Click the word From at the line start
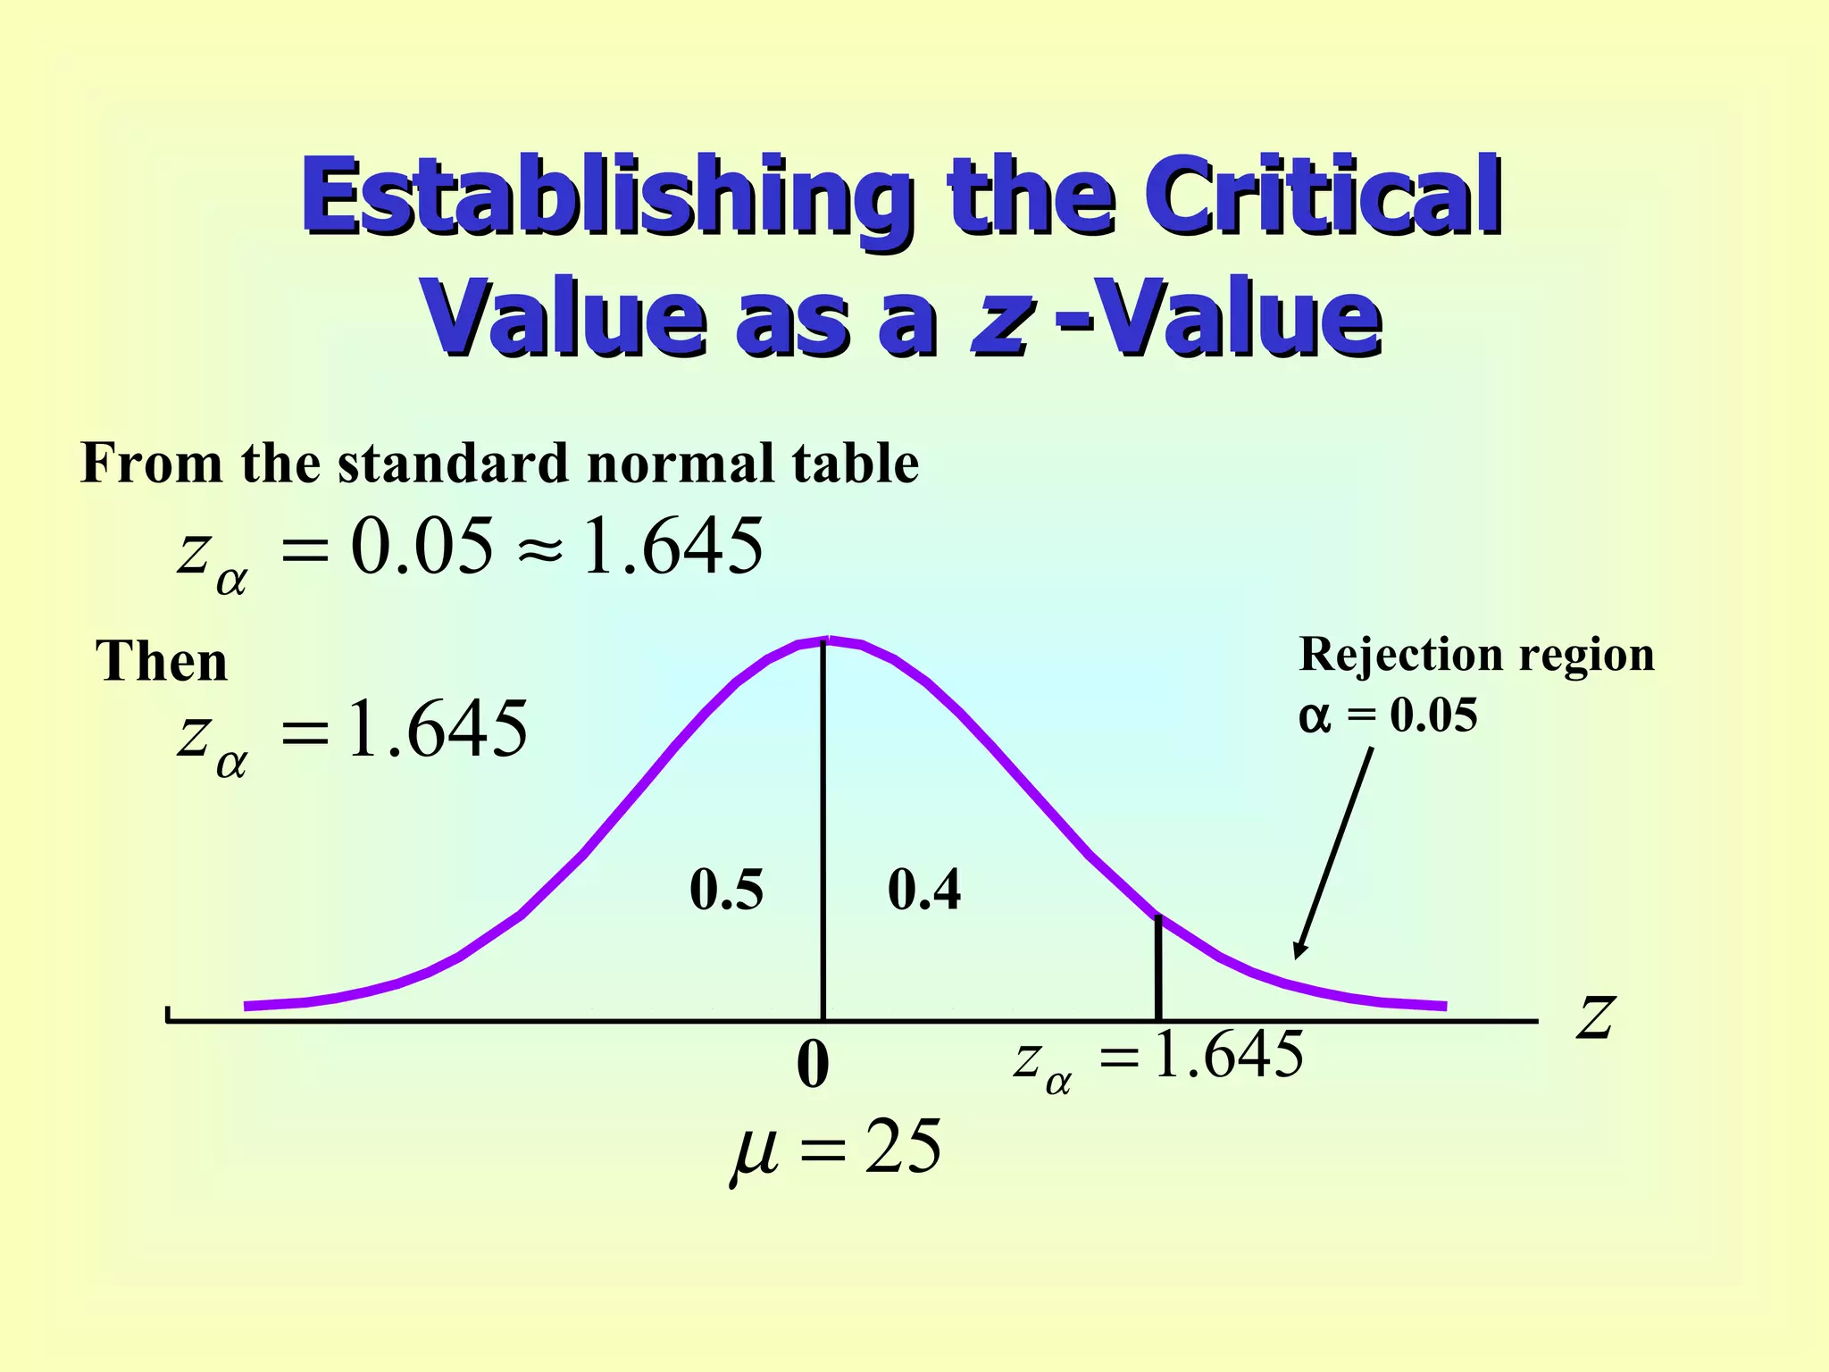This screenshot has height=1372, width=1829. [x=151, y=464]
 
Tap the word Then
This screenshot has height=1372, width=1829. [x=162, y=662]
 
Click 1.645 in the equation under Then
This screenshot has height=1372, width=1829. [x=438, y=729]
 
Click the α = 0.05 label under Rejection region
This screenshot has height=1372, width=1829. [x=1388, y=715]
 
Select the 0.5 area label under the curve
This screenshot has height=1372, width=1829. [x=726, y=890]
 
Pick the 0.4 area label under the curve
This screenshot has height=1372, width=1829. [x=924, y=890]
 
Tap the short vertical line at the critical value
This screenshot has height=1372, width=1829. [x=1158, y=967]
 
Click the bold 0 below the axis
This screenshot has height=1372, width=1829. [x=813, y=1065]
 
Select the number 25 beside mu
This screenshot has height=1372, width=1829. [x=903, y=1147]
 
